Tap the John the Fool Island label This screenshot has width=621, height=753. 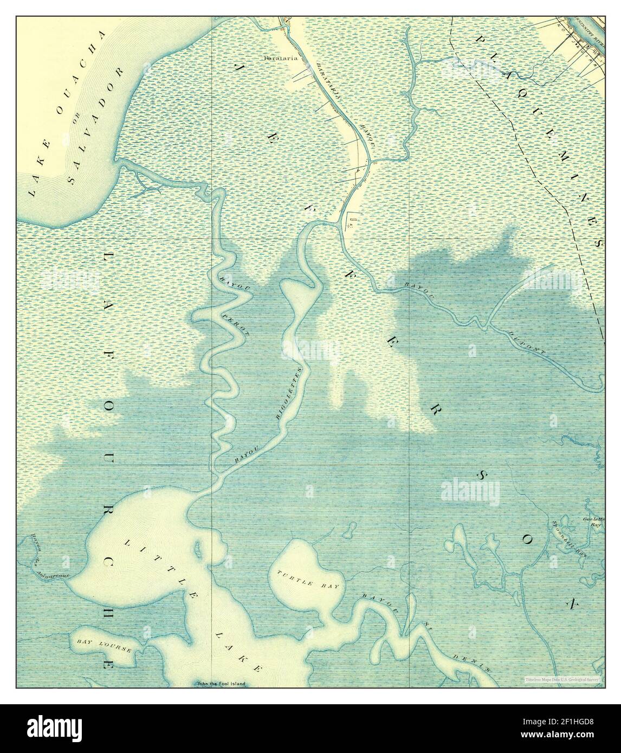click(x=221, y=684)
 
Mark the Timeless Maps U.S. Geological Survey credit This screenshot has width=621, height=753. click(x=563, y=679)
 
